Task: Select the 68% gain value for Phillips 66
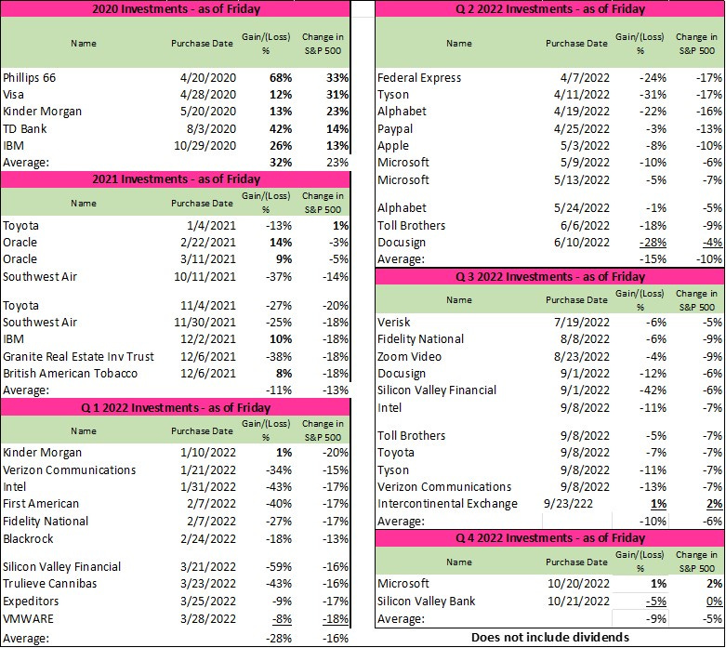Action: click(281, 78)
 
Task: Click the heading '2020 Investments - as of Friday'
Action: click(177, 8)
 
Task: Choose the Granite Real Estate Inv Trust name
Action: click(78, 356)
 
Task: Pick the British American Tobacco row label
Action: click(70, 373)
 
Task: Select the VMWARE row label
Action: click(30, 617)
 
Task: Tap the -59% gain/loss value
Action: click(281, 566)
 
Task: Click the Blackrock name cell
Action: click(28, 538)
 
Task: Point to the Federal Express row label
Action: click(418, 78)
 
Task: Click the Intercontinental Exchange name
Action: click(447, 504)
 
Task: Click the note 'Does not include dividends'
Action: click(550, 637)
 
